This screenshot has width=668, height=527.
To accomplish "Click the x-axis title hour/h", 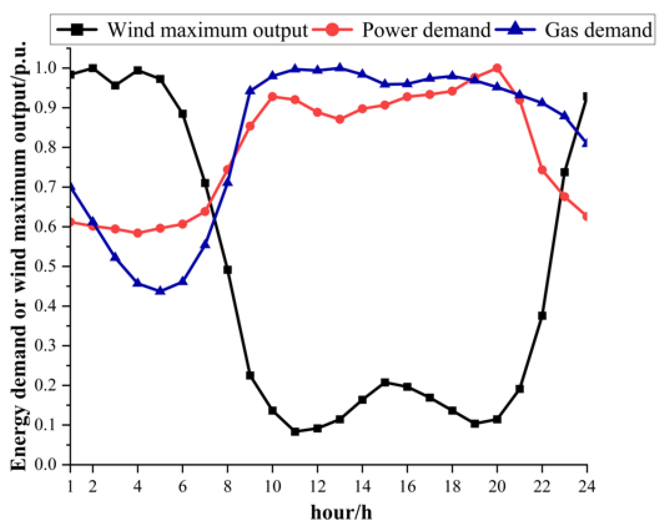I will pos(341,512).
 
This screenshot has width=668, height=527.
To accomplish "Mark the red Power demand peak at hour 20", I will pos(497,68).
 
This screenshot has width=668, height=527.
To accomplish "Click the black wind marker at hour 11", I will pos(295,432).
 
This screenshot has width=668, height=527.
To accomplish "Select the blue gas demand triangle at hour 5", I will pos(160,290).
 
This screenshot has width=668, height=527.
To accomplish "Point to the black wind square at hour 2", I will pos(93,68).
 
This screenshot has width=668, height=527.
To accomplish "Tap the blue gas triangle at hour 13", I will pos(340,68).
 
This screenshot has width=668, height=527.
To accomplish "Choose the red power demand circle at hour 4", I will pos(137,233).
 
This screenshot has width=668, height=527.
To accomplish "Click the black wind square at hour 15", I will pos(385,382).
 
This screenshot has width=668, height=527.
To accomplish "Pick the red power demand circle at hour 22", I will pos(542,170).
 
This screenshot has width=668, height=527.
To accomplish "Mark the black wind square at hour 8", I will pos(228,270).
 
